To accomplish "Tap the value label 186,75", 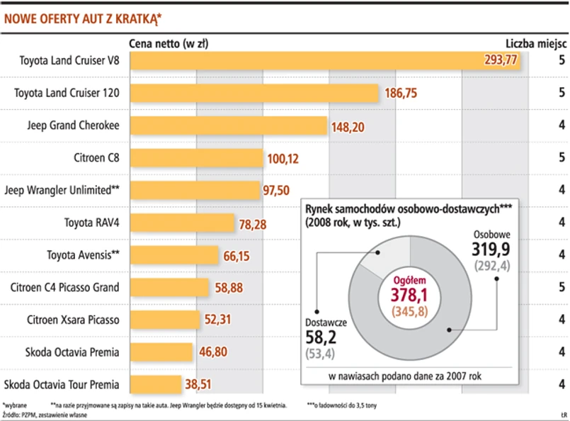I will click(x=402, y=93).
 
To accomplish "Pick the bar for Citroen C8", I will click(x=197, y=157).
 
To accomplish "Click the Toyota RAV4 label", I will click(x=92, y=222).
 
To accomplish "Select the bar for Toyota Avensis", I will click(x=174, y=255).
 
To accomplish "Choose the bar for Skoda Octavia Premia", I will click(x=161, y=352).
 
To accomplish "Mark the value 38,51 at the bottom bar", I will click(x=200, y=384).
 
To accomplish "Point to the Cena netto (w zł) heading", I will click(x=169, y=43).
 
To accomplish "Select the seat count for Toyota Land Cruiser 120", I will click(x=561, y=93).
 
